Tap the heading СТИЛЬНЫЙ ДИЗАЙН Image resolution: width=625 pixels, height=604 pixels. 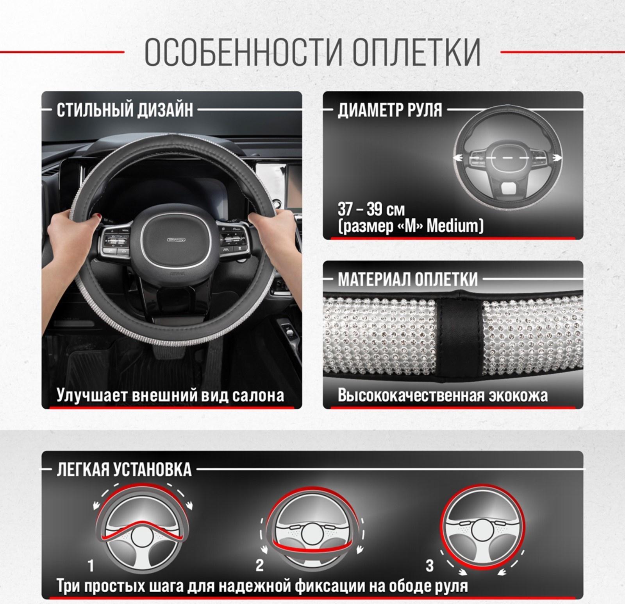[125, 110]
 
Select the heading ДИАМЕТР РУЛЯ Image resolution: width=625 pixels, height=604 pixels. [390, 110]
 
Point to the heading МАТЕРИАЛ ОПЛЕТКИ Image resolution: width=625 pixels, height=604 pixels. [407, 280]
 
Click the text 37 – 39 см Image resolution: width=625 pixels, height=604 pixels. [371, 210]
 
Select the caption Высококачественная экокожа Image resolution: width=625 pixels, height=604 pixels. [442, 396]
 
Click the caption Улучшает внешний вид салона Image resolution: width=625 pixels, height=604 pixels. [170, 396]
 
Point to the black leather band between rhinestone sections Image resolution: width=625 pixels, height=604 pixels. [459, 334]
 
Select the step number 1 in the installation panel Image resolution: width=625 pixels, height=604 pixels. [91, 566]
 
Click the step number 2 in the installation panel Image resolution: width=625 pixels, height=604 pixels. [260, 566]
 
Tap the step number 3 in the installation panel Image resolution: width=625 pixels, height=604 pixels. [429, 566]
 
